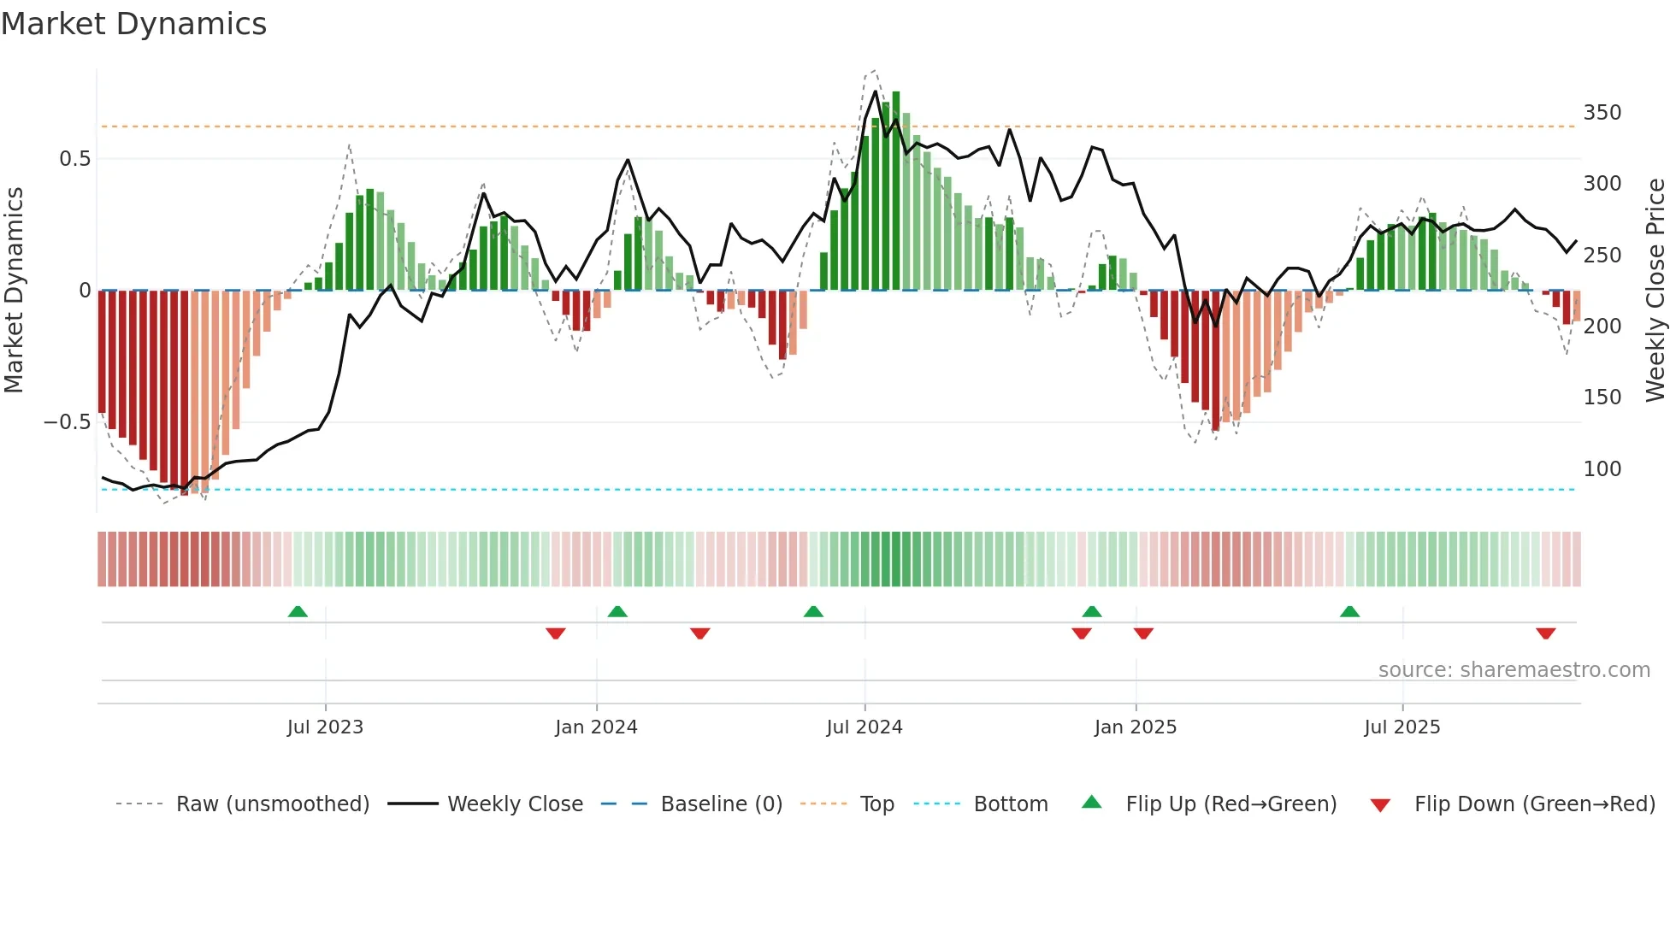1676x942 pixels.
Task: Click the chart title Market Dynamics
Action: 133,24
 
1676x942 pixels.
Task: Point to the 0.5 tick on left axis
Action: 74,159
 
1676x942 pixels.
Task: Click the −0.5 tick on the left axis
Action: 67,422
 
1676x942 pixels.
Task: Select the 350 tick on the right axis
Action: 1602,113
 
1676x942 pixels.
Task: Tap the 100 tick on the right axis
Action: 1602,469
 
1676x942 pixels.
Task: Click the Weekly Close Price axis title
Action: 1655,291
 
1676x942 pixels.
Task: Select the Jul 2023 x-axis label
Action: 325,727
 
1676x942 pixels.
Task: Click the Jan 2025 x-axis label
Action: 1135,727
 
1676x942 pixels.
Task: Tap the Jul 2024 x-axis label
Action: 864,727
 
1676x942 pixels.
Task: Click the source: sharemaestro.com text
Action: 1514,670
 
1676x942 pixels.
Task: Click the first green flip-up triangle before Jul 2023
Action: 298,612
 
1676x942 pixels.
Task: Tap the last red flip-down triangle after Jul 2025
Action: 1545,633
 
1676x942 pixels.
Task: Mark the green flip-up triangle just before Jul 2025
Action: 1349,612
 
